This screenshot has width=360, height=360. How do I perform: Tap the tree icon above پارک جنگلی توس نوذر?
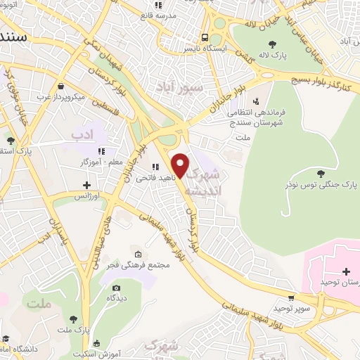coord(321,173)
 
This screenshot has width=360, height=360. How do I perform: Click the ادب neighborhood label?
coord(82,134)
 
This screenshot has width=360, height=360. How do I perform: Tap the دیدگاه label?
coord(116,297)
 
